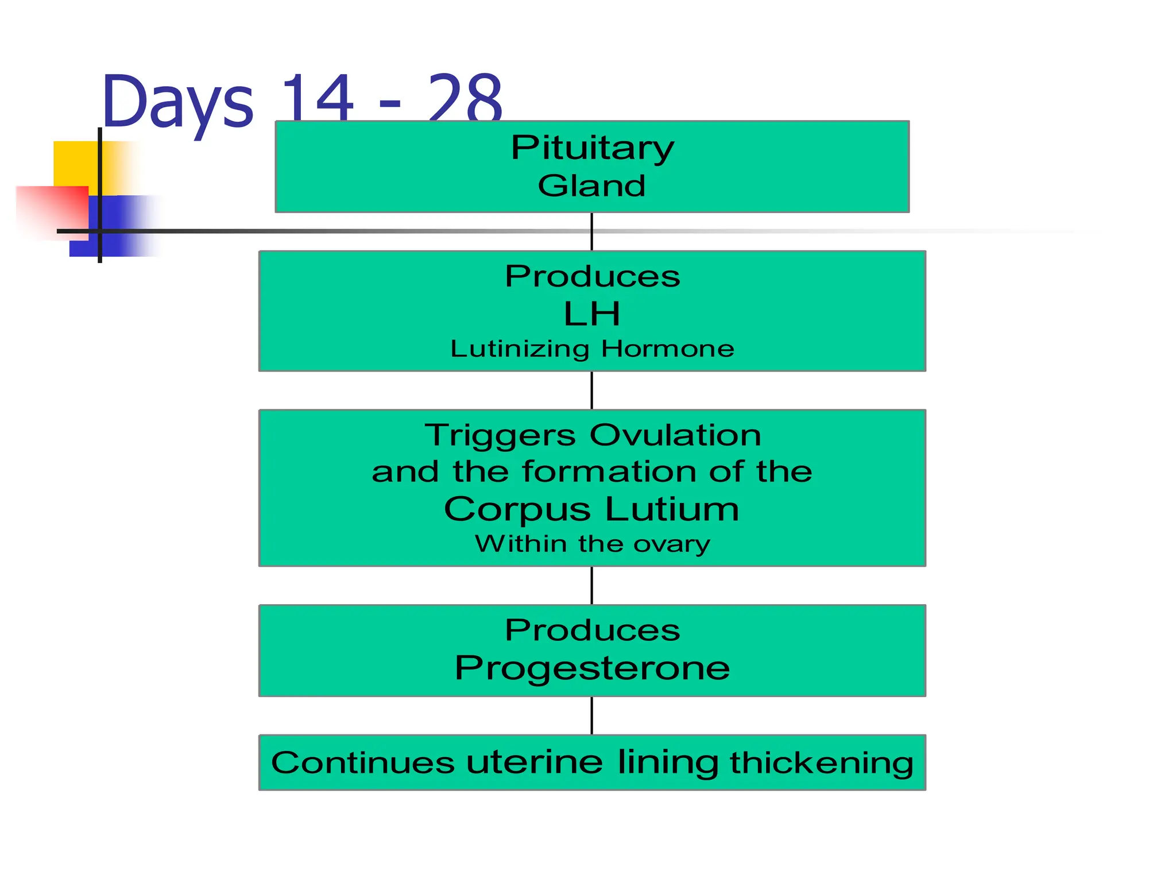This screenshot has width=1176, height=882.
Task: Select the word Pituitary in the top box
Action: (x=592, y=149)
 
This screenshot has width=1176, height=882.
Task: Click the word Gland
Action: (x=592, y=186)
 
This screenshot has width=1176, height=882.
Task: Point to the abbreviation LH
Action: (x=592, y=314)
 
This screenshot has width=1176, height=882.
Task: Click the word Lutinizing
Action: (x=520, y=349)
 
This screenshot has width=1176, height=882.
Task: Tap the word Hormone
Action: (x=668, y=349)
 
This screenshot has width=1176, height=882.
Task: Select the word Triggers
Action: (x=500, y=435)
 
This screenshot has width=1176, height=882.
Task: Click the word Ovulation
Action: (x=675, y=435)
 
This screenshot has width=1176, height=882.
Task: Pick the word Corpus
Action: (x=517, y=510)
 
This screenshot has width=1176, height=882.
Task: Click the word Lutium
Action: (x=672, y=509)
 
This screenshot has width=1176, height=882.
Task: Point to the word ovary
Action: (x=672, y=544)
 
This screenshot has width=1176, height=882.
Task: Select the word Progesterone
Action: (x=592, y=668)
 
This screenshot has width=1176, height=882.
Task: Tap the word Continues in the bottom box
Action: (x=363, y=763)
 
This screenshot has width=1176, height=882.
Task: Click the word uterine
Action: (x=535, y=763)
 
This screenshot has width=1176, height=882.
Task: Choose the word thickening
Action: (x=822, y=763)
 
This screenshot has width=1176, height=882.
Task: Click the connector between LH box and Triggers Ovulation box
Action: (x=592, y=390)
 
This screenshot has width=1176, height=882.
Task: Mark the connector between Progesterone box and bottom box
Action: (x=592, y=715)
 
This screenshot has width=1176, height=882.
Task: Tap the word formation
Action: (x=609, y=472)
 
